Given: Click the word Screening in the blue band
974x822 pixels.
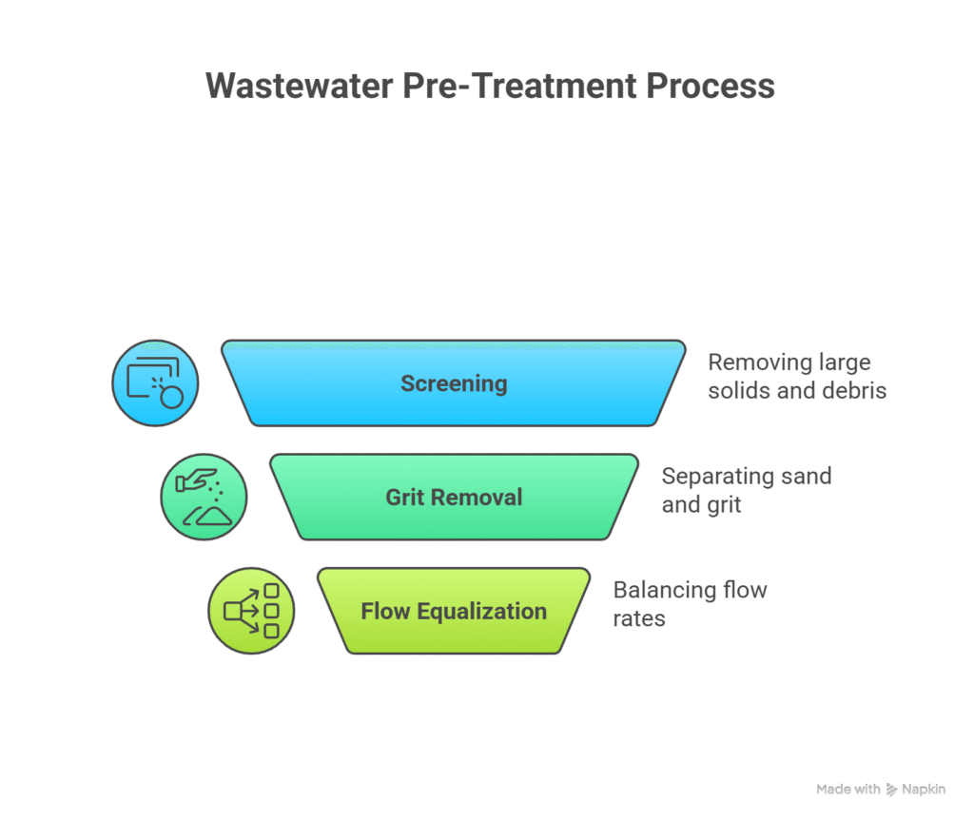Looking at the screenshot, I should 454,384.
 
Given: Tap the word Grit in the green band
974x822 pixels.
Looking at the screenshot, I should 404,498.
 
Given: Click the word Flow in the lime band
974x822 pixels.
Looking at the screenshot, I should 385,611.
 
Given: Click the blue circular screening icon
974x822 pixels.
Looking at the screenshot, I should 155,383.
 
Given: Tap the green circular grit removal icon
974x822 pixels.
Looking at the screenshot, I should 204,497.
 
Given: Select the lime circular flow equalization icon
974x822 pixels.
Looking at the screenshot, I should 251,611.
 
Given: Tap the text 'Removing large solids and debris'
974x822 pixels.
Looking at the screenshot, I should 797,376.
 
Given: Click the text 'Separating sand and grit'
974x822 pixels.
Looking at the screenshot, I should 747,489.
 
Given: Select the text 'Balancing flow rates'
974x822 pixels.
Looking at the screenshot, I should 690,603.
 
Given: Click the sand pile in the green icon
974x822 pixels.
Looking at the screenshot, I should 209,516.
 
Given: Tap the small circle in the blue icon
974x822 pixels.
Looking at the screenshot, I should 171,397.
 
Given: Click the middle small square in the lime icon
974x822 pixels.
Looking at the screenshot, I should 271,611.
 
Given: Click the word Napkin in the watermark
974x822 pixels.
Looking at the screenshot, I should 924,790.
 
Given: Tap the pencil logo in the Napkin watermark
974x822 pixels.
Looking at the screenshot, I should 891,790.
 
